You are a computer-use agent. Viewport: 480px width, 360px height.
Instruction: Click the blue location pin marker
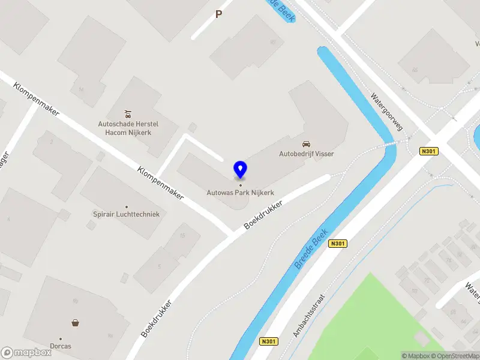240,170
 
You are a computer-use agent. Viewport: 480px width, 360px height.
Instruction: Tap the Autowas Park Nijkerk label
240,193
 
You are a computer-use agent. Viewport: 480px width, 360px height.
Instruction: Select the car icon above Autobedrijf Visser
306,144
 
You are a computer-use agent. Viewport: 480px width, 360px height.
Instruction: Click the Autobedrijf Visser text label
306,154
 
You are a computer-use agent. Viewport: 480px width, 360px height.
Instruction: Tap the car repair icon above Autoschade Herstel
127,113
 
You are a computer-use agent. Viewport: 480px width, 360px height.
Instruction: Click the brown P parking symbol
219,14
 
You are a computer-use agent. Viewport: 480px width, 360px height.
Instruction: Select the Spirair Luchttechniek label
126,214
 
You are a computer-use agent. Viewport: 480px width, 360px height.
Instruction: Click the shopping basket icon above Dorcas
76,323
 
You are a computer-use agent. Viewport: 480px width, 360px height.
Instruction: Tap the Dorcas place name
61,346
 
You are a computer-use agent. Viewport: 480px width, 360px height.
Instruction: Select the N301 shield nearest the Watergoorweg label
428,151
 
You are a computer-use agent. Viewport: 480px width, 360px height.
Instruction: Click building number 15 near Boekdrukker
182,235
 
